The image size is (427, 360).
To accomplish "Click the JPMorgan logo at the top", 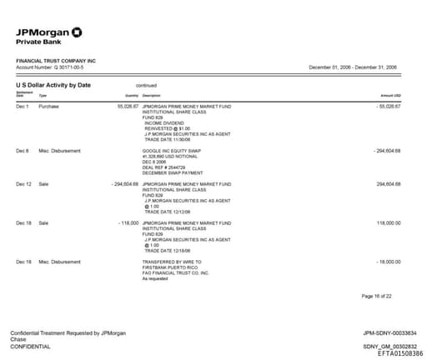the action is click(49, 34).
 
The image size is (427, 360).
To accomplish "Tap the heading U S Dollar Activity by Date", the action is click(53, 85).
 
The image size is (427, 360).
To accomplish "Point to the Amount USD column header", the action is click(391, 96).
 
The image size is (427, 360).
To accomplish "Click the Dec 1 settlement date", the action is click(23, 107).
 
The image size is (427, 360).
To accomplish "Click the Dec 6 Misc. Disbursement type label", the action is click(60, 151).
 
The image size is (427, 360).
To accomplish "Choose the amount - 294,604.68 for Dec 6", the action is click(387, 151).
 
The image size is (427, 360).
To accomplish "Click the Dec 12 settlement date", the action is click(23, 183).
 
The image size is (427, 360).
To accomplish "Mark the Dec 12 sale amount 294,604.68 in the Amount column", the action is click(389, 183).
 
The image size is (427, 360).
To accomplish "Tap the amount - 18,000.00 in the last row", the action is click(388, 262).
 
